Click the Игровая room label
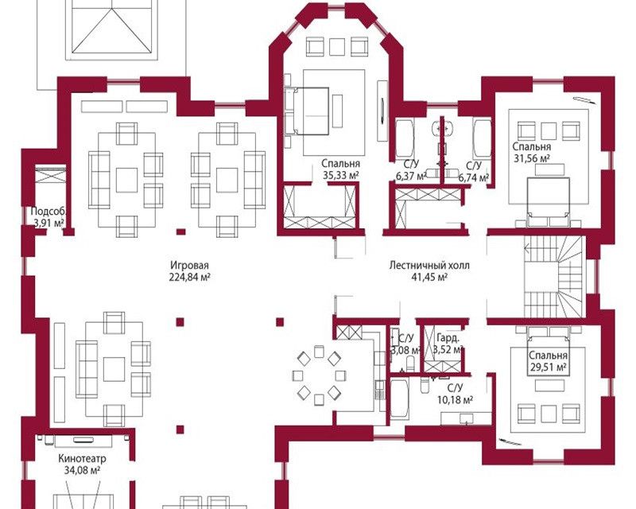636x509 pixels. (189, 266)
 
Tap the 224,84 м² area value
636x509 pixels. (189, 278)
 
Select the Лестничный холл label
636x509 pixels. (429, 266)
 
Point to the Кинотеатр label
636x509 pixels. (83, 459)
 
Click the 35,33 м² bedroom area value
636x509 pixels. (341, 175)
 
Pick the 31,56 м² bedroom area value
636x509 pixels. (532, 158)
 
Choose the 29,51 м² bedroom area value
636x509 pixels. (548, 367)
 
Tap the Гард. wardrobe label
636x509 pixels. (448, 338)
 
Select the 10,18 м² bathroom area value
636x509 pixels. (455, 400)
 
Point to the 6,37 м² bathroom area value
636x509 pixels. (410, 177)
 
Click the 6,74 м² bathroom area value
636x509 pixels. (473, 177)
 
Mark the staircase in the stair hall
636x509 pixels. (554, 277)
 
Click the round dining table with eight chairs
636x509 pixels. (319, 375)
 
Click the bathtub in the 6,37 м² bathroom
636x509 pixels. (405, 138)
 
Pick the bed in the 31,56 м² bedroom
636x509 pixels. (548, 202)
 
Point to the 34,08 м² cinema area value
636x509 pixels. (83, 471)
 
